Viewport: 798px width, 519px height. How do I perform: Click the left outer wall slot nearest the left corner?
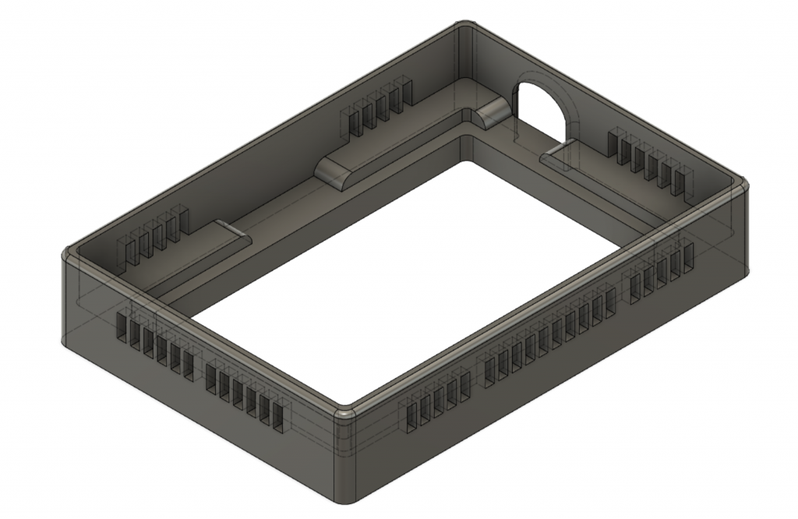[x=122, y=328]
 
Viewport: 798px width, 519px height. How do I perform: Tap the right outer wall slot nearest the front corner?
[x=411, y=418]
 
